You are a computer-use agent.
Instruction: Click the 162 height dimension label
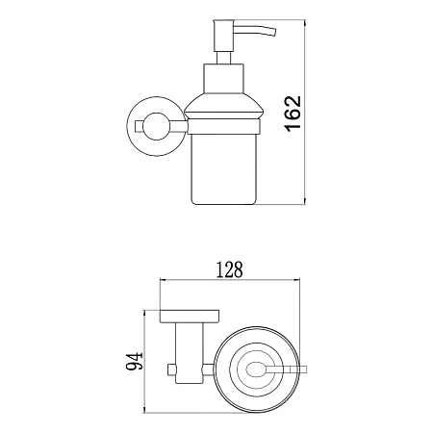[x=293, y=114]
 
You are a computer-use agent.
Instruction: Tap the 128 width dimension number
[x=229, y=269]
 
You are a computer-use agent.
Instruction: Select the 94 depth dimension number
[x=134, y=362]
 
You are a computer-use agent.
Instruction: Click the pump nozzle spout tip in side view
[x=273, y=33]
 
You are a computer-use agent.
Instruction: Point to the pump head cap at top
[x=223, y=36]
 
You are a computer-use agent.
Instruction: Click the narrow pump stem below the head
[x=223, y=58]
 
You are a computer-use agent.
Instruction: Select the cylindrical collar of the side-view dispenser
[x=223, y=79]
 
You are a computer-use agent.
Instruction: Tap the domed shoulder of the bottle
[x=224, y=107]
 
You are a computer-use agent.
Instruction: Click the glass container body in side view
[x=224, y=169]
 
